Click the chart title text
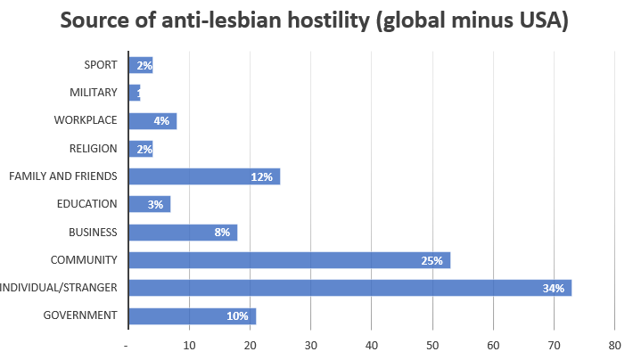[x=316, y=22]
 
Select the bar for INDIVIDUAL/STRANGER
[x=349, y=288]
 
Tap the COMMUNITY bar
[x=289, y=260]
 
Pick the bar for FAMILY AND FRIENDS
[x=204, y=176]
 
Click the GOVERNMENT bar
[x=192, y=315]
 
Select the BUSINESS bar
[x=183, y=233]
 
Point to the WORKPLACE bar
[x=152, y=120]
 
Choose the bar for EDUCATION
[x=149, y=204]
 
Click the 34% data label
[x=553, y=288]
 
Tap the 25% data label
[x=432, y=260]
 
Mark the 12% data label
[x=261, y=176]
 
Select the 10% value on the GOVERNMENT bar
[x=237, y=315]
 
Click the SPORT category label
[x=100, y=64]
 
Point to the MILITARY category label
[x=93, y=93]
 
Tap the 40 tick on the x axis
[x=372, y=344]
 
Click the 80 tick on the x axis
[x=614, y=344]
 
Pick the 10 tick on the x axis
[x=189, y=344]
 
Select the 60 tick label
[x=493, y=344]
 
